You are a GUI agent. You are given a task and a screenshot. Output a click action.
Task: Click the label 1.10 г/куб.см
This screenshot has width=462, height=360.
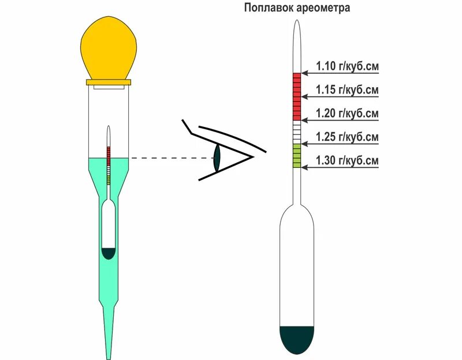347,66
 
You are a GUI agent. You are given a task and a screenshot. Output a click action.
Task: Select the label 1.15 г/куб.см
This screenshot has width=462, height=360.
347,90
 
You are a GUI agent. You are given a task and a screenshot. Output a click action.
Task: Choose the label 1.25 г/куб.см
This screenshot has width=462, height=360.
347,137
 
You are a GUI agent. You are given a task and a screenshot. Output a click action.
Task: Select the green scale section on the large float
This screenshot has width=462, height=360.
297,156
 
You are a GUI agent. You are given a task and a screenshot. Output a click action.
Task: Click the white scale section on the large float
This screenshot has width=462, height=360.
297,133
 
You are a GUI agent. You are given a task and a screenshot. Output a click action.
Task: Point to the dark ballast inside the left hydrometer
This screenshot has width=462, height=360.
109,253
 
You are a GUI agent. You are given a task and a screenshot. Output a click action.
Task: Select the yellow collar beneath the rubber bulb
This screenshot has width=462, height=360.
108,82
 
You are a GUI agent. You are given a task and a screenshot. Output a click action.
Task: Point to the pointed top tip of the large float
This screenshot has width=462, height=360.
297,24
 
